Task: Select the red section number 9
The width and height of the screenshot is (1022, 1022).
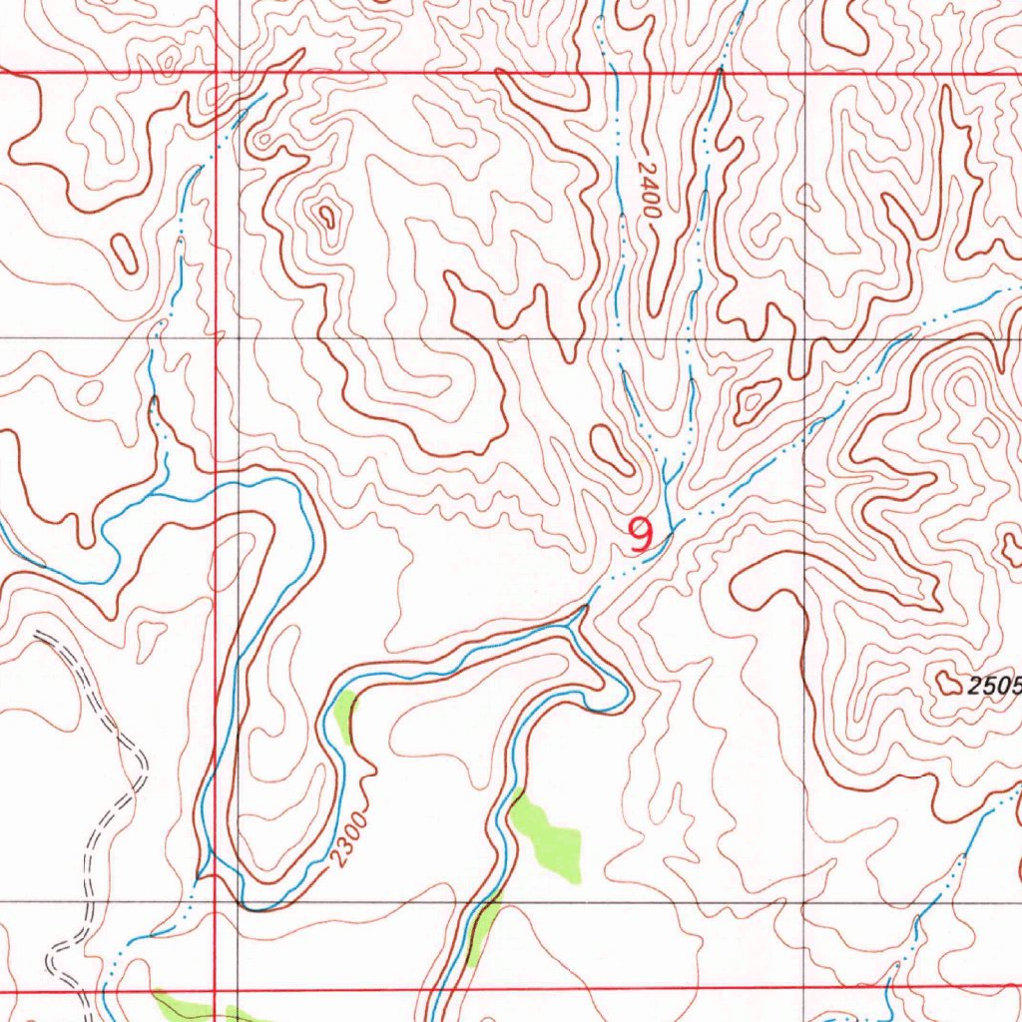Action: pyautogui.click(x=641, y=536)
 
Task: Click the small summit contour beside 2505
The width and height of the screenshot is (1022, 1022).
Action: pyautogui.click(x=947, y=683)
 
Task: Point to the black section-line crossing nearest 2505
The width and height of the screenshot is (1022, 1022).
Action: pyautogui.click(x=804, y=903)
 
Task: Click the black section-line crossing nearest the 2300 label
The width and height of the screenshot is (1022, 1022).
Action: pyautogui.click(x=238, y=903)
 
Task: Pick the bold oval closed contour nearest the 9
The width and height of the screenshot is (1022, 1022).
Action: pyautogui.click(x=612, y=450)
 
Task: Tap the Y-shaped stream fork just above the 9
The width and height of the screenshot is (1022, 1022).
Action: pyautogui.click(x=664, y=480)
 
